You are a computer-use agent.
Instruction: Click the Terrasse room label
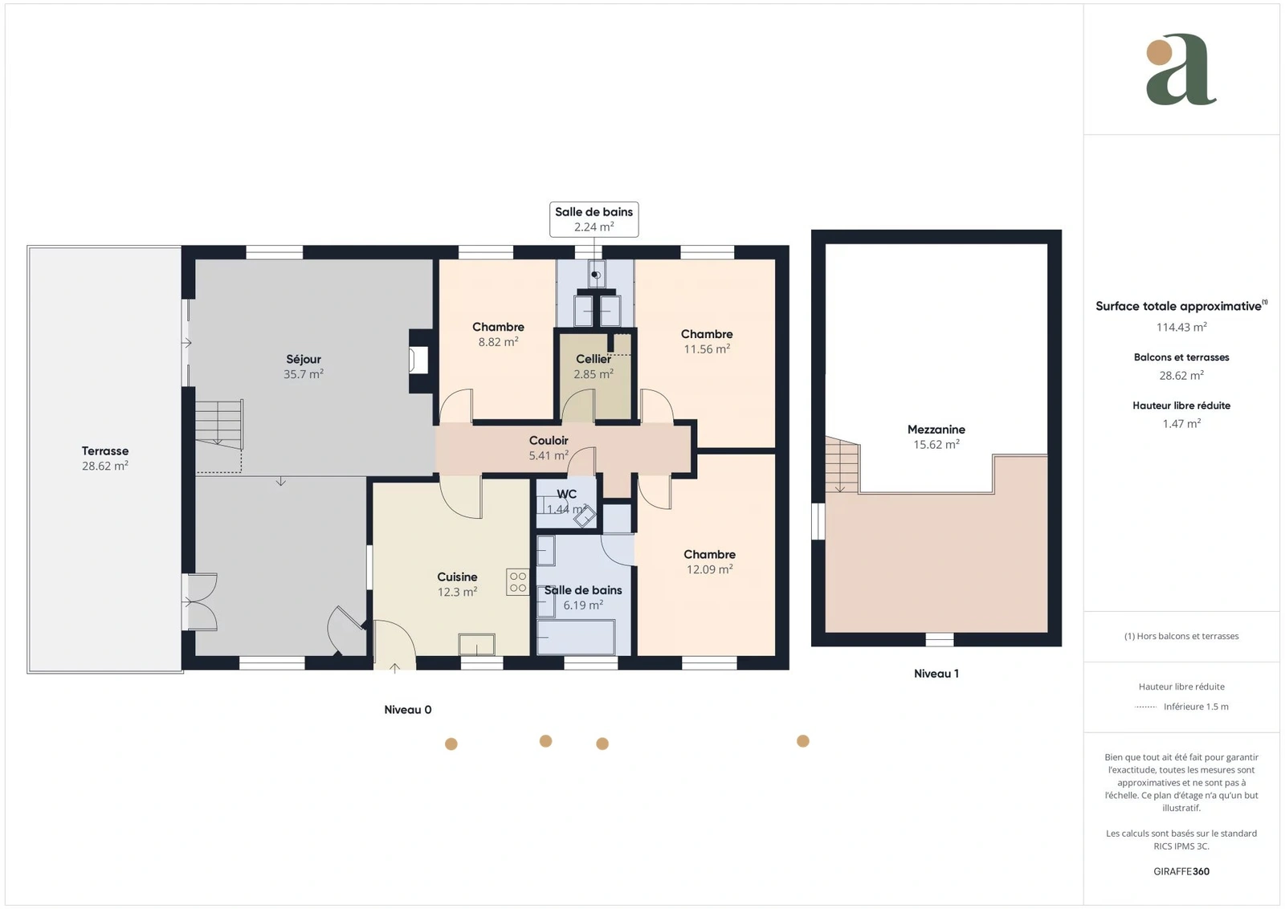(x=105, y=450)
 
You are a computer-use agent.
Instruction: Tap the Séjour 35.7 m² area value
(x=304, y=374)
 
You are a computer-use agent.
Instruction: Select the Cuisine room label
(x=457, y=577)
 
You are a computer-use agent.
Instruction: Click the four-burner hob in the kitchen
(x=517, y=581)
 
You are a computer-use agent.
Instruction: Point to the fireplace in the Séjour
(x=418, y=361)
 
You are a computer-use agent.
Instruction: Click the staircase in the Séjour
(x=219, y=425)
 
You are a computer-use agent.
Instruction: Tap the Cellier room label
(x=594, y=359)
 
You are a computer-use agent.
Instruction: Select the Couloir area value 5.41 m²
(x=549, y=455)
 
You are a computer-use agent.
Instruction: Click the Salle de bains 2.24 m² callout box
(x=594, y=219)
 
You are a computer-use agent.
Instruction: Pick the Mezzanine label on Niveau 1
(x=936, y=429)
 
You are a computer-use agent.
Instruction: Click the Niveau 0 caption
(x=408, y=709)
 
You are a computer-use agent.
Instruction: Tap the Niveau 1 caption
(x=936, y=673)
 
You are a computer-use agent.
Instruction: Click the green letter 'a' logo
(x=1181, y=69)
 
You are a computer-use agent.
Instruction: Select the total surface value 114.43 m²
(x=1181, y=327)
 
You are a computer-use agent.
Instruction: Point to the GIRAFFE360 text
(x=1181, y=871)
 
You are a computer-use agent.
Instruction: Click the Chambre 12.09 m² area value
(x=710, y=569)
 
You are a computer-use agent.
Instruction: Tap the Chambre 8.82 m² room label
(x=498, y=327)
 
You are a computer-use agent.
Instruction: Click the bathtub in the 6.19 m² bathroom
(x=576, y=637)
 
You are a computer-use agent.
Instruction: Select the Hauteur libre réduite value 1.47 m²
(x=1181, y=423)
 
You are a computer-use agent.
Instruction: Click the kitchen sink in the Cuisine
(x=477, y=644)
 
